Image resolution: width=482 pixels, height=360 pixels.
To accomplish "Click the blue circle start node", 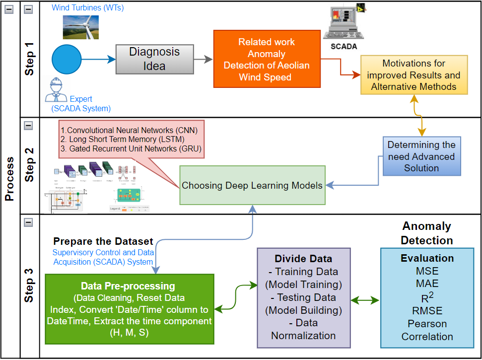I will pos(67,59).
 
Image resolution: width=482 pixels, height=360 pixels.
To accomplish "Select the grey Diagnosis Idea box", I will pos(154,59).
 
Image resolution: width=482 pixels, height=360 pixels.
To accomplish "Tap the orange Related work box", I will pos(266,59).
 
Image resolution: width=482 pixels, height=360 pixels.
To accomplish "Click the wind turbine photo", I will pos(83,26).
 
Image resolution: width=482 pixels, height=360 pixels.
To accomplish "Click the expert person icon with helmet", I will pos(57,90).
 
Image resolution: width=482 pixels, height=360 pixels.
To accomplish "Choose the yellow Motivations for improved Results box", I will pos(413,75).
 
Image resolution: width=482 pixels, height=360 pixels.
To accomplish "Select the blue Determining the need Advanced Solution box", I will pos(421,156).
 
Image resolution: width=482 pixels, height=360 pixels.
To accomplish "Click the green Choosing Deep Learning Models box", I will pos(252,185).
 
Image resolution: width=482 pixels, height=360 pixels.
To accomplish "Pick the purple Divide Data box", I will pos(303,297).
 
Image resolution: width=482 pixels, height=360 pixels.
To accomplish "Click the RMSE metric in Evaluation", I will pos(427,311).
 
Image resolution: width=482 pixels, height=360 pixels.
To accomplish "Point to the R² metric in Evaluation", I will pos(426,297).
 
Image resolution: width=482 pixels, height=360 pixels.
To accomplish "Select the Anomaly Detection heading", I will pos(427,233).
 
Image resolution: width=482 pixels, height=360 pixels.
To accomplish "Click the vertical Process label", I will pos(9,179).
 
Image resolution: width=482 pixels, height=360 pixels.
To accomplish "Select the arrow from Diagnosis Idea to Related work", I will pos(203,59).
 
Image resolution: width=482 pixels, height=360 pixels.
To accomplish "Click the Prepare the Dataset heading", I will pos(103,241).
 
